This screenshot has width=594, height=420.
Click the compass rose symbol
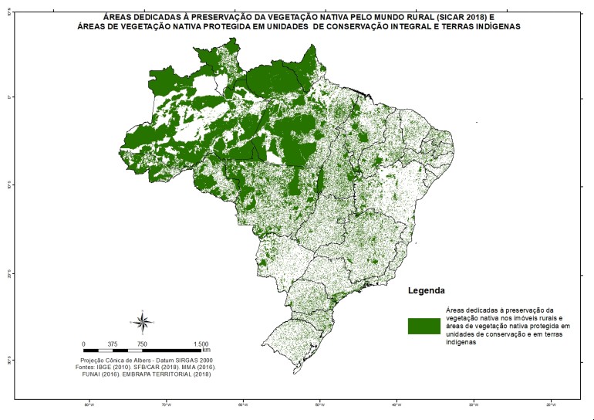tap(143, 321)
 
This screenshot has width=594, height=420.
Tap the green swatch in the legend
tap(424, 326)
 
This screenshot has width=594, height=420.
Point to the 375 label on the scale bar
tap(113, 344)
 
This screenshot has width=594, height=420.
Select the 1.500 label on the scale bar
tap(201, 344)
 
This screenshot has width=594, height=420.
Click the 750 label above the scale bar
tap(143, 344)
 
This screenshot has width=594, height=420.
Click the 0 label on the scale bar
tap(83, 344)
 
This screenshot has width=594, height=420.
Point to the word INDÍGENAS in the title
tap(492, 25)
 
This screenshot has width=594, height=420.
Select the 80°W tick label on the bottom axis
tap(89, 405)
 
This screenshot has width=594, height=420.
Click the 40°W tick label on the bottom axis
tap(397, 405)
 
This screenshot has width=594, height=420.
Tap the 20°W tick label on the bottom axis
tap(551, 405)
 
